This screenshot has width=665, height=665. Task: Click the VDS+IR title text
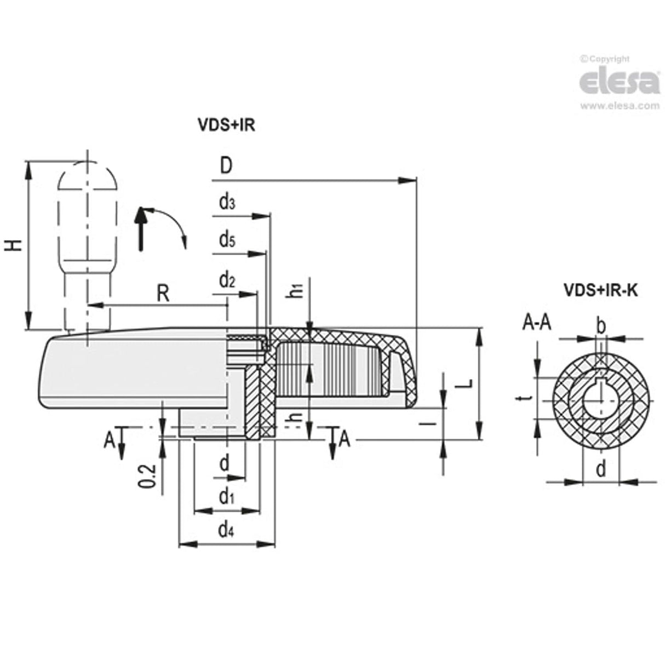click(x=226, y=125)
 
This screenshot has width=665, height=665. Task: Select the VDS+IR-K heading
click(x=600, y=290)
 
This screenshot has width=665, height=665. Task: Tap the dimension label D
click(x=226, y=165)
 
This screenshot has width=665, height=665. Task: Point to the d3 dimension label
click(x=227, y=203)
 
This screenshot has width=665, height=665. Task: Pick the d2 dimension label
click(x=227, y=280)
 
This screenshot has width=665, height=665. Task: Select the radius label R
click(x=163, y=294)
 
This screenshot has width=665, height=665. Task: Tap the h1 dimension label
click(x=296, y=290)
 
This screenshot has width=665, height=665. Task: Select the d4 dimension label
click(x=226, y=529)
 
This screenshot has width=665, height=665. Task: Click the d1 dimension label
click(x=226, y=497)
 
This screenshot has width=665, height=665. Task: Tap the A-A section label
click(x=537, y=324)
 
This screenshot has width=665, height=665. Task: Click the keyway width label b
click(x=600, y=326)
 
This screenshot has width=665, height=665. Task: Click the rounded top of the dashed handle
click(x=87, y=174)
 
